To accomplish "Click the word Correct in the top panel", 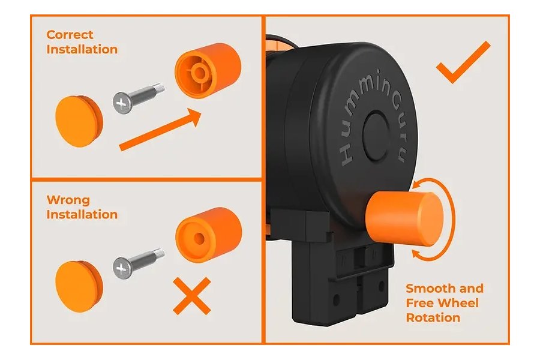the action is click(x=70, y=35).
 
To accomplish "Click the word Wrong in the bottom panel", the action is click(x=68, y=200).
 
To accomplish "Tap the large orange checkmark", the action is click(x=463, y=62).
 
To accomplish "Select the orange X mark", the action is click(x=192, y=296).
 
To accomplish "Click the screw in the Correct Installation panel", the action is click(x=138, y=98).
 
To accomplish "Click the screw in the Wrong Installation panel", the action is click(x=138, y=263).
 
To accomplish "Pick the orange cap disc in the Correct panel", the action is click(x=79, y=121).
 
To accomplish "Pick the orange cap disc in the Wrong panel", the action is click(x=79, y=287).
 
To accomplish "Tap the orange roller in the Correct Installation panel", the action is click(x=208, y=70).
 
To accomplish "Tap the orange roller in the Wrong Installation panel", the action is click(x=208, y=235).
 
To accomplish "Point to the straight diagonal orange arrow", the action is click(x=160, y=130).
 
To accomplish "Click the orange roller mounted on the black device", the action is click(x=404, y=219).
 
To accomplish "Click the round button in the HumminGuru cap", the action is click(x=376, y=136).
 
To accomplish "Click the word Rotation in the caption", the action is click(x=433, y=317).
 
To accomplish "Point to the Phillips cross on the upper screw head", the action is click(x=121, y=103).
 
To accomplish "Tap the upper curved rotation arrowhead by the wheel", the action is click(x=418, y=185).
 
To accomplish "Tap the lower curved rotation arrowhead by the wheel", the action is click(x=418, y=254).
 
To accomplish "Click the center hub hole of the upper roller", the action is click(x=199, y=73).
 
